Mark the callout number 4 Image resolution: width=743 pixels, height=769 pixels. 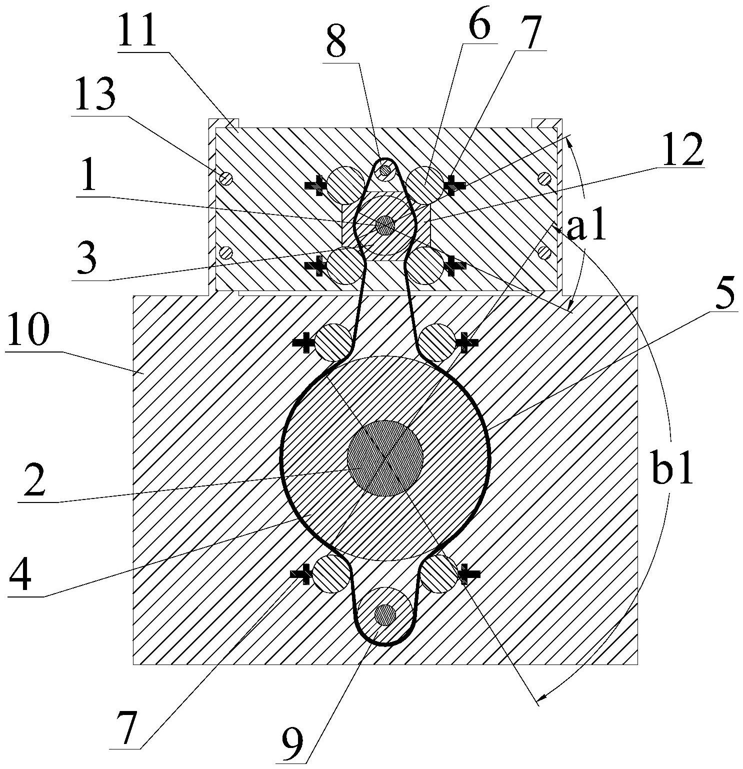click(x=20, y=575)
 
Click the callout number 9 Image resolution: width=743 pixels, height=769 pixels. click(x=292, y=745)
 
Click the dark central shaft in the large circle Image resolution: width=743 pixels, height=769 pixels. click(x=385, y=457)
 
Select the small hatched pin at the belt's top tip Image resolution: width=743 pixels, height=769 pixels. click(x=385, y=171)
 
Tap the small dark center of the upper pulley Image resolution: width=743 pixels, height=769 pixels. click(x=384, y=225)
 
